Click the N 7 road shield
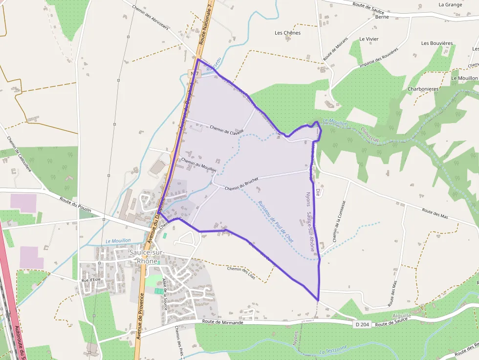194,74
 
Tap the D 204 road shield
361,324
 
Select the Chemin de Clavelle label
226,129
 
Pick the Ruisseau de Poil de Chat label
276,222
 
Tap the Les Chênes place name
287,33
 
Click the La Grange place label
450,4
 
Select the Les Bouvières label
437,43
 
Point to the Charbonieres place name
423,89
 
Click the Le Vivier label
369,39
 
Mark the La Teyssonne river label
333,350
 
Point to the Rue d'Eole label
90,280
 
